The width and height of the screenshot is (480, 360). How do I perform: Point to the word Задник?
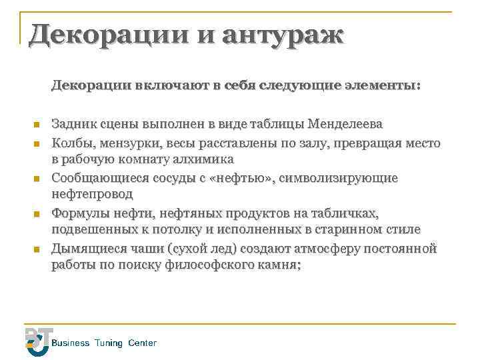pos(73,125)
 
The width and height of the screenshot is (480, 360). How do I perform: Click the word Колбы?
pos(71,143)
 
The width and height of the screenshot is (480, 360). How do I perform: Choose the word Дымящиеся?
pos(86,249)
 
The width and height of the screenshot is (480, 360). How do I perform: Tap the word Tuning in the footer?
pos(109,343)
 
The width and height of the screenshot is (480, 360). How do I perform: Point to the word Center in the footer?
pos(142,343)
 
